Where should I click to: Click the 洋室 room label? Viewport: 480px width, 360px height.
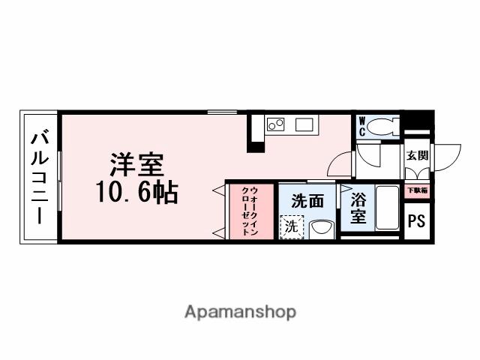(137, 164)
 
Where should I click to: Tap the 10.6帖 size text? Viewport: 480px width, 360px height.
(136, 193)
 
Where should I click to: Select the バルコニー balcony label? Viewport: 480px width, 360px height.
(39, 177)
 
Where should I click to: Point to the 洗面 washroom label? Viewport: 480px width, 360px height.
(307, 201)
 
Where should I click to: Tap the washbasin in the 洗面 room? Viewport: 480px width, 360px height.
(320, 227)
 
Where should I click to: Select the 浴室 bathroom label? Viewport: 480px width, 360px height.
(358, 208)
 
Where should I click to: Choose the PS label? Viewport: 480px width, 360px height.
(417, 221)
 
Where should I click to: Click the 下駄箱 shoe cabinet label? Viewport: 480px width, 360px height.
(417, 190)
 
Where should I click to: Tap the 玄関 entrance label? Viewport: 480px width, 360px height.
(417, 156)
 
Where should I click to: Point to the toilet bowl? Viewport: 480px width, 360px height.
(383, 125)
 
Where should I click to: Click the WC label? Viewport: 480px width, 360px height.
(361, 125)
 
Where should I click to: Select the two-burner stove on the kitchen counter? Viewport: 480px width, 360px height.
(275, 124)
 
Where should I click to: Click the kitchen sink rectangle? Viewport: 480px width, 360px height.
(304, 124)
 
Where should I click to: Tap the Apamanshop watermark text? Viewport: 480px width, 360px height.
(240, 311)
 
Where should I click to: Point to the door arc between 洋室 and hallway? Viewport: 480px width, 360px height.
(341, 163)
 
